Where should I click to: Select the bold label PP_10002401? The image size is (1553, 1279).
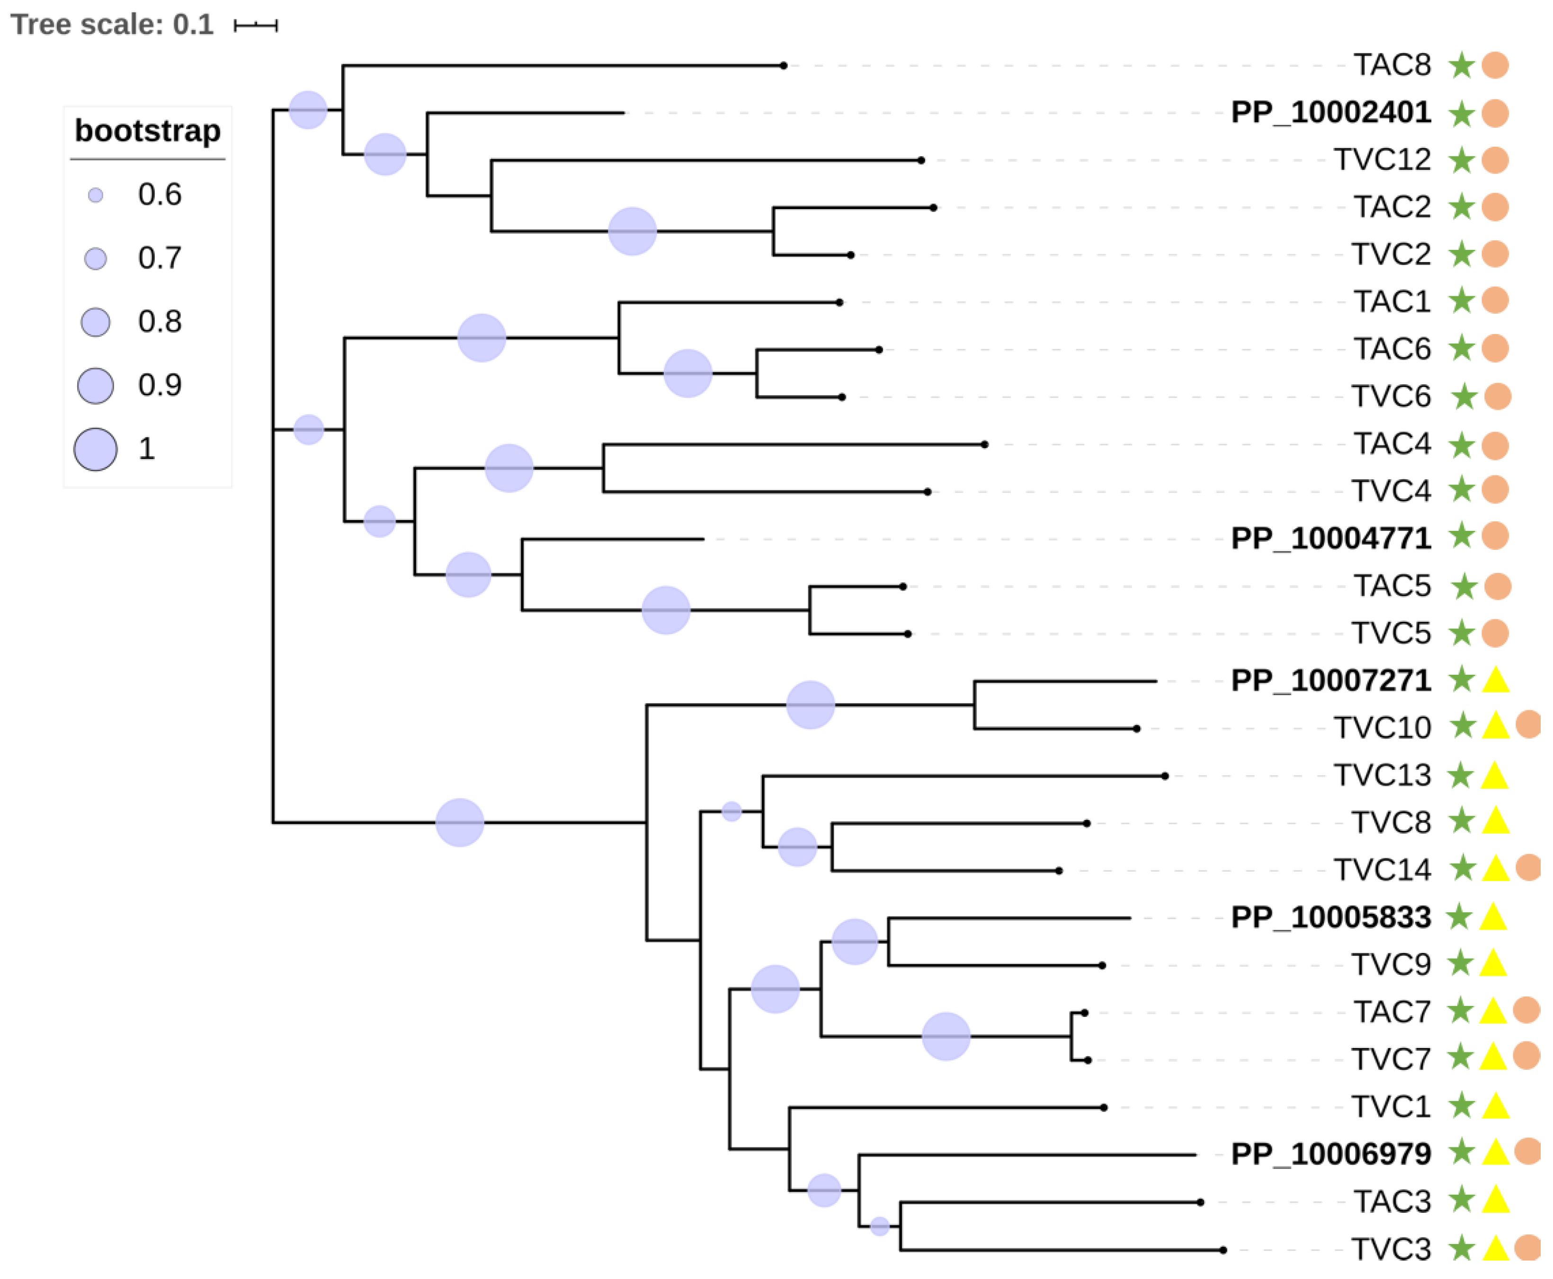[1330, 113]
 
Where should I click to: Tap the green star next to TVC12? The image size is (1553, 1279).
[1460, 160]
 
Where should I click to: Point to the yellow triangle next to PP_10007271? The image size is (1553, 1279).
[1495, 680]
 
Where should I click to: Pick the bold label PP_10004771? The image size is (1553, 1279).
[1330, 538]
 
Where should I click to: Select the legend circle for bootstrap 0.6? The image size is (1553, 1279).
[95, 195]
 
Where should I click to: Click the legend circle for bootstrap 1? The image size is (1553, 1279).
[95, 449]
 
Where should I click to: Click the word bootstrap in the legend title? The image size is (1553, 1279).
[147, 131]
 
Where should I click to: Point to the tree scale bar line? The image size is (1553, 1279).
[255, 26]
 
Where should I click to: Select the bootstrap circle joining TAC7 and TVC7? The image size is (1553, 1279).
[946, 1036]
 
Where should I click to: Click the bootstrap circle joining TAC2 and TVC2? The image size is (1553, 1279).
[632, 231]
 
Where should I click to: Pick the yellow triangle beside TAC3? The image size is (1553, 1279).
[1495, 1201]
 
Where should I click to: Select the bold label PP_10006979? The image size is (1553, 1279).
[1330, 1154]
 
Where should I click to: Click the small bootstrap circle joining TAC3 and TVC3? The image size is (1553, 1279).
[879, 1226]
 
